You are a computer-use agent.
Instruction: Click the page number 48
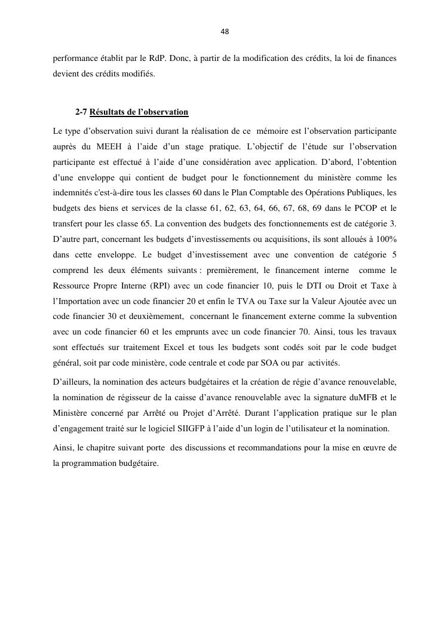(225, 32)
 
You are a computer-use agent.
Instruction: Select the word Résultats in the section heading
(108, 112)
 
